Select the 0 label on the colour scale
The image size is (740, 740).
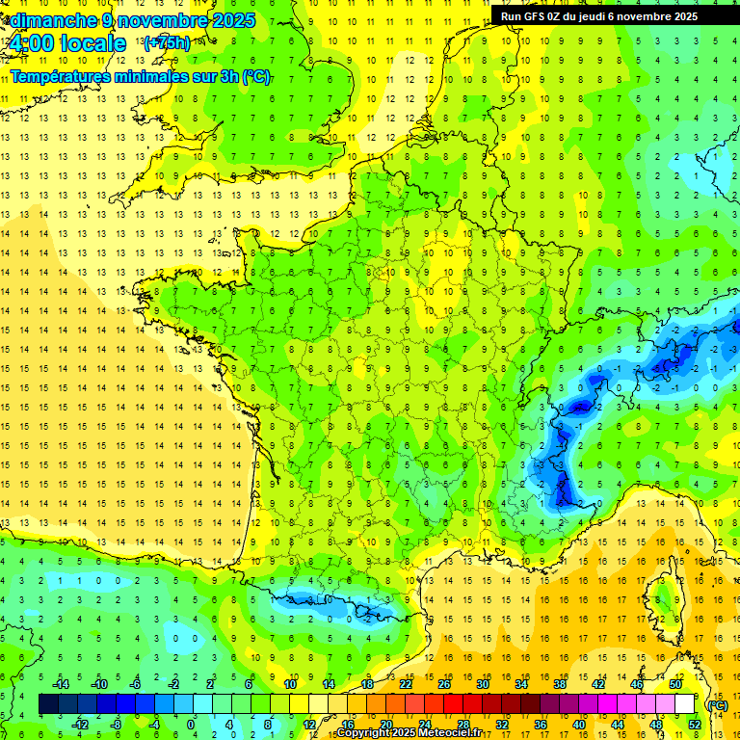pos(191,725)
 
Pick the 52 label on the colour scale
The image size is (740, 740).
pos(695,725)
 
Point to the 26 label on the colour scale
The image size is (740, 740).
pos(444,684)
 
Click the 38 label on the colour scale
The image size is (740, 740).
pos(559,684)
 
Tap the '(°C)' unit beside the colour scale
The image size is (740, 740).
pos(717,704)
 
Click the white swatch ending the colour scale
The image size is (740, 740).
pos(684,704)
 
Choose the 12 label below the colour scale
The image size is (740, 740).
pos(308,725)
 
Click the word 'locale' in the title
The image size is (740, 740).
pos(92,43)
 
